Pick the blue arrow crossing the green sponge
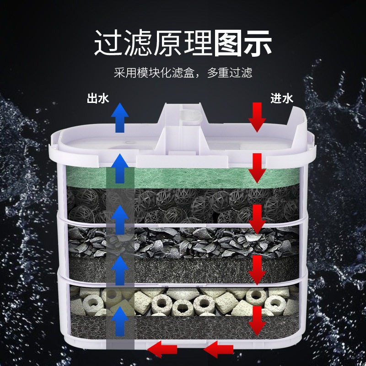(120, 169)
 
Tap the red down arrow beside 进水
(257, 117)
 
